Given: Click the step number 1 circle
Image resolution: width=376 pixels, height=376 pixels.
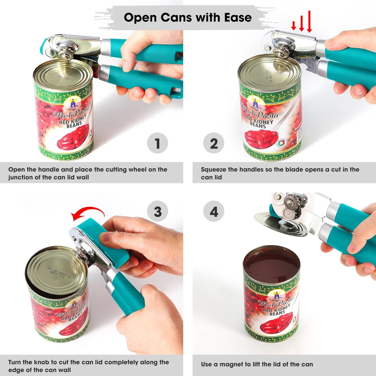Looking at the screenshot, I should pos(157,143).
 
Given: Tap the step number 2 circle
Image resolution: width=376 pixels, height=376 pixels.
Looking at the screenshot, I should pos(214,143).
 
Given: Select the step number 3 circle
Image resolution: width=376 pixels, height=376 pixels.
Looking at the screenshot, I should pos(157,211).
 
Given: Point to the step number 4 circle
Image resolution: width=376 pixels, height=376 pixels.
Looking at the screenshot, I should pos(214,211).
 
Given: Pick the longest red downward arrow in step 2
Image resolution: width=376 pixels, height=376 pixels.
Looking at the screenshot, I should pos(309,22).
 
